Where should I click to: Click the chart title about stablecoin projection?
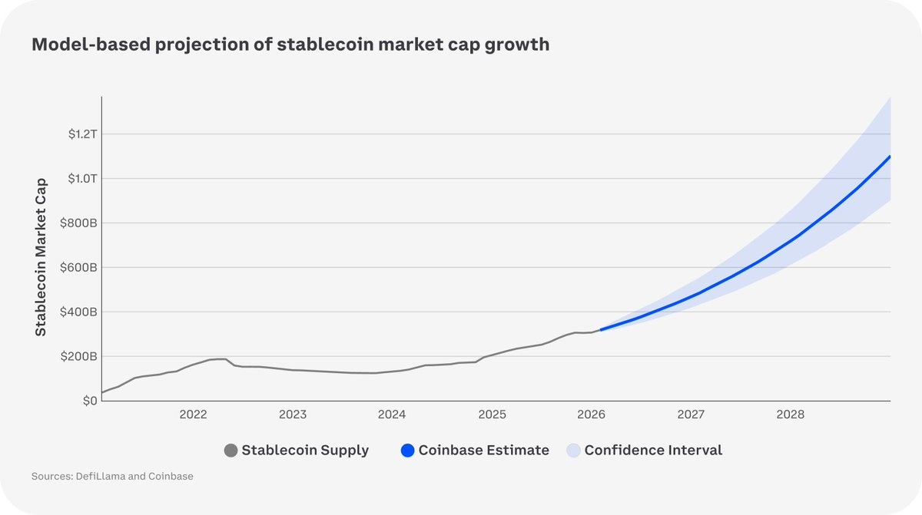click(x=290, y=45)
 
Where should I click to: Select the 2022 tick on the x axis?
click(x=194, y=415)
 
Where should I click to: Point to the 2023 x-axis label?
click(x=293, y=415)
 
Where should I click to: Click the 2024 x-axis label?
click(x=392, y=415)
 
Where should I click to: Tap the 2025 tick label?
click(x=492, y=415)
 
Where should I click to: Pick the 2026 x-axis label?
click(x=592, y=415)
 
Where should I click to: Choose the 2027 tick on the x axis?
click(x=691, y=415)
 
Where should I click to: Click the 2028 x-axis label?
click(x=791, y=415)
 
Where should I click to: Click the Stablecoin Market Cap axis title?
click(x=41, y=256)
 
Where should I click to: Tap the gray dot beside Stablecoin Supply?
click(x=230, y=451)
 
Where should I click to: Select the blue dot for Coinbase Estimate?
click(x=407, y=451)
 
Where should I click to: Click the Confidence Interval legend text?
click(x=653, y=451)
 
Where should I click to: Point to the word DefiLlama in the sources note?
click(x=101, y=477)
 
